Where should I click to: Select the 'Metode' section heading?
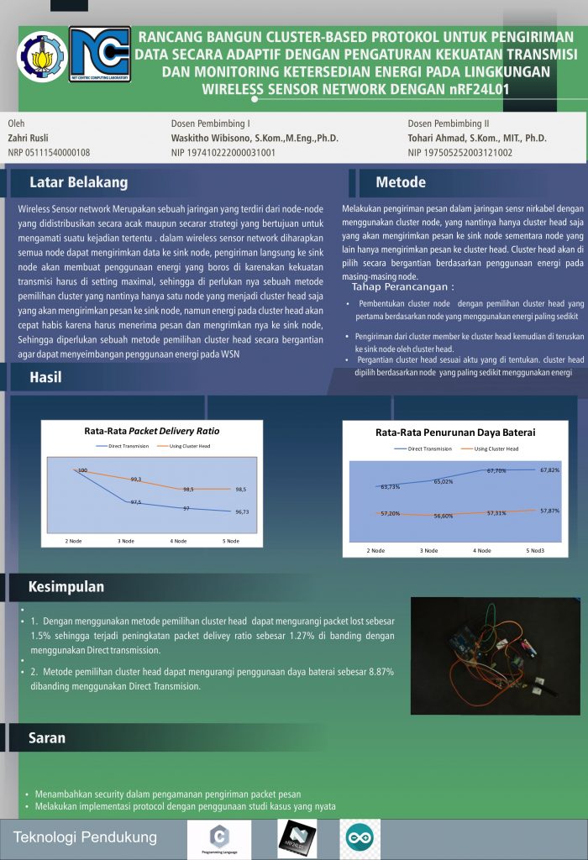401,182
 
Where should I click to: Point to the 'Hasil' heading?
45,377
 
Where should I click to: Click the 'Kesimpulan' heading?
66,585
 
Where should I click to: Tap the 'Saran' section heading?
47,738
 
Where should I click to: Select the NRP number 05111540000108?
49,153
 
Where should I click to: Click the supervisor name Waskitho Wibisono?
255,138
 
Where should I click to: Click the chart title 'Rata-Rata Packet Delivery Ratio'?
152,431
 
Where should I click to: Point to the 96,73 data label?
241,511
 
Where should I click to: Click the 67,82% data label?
549,470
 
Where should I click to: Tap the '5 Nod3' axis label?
535,550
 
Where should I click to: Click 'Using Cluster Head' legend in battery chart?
495,448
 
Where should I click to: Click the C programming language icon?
219,837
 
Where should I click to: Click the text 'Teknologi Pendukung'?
85,837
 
